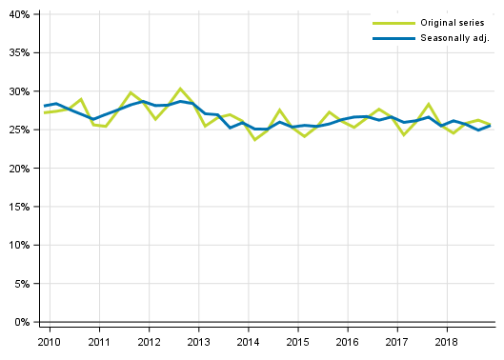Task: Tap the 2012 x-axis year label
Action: (149, 341)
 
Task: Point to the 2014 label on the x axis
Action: (248, 341)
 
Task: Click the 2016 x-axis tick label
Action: (348, 341)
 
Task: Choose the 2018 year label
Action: (447, 341)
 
